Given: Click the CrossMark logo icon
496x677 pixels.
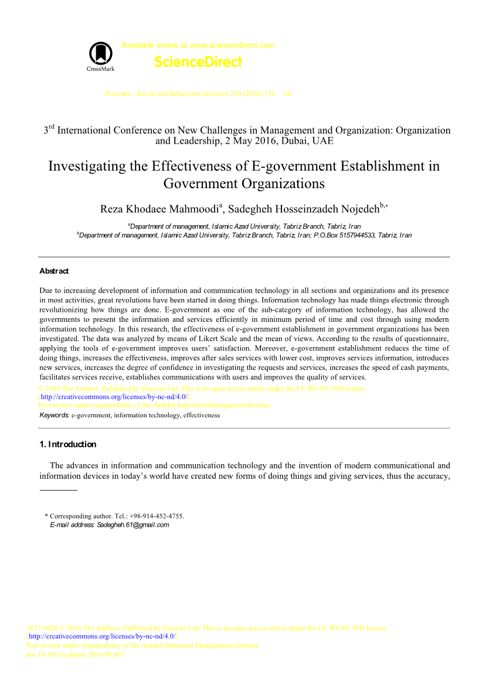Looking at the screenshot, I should tap(100, 54).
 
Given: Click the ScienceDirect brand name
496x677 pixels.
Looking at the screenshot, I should tap(198, 62).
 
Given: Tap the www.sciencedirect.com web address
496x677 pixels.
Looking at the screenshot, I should tap(233, 45).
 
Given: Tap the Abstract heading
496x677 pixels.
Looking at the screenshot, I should tap(54, 271).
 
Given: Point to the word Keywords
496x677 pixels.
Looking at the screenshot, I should tap(54, 415).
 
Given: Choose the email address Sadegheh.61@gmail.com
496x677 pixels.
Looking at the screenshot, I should tap(133, 525).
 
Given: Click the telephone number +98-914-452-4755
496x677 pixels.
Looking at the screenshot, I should tap(156, 516).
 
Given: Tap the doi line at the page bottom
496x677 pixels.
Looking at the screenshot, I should tap(76, 654).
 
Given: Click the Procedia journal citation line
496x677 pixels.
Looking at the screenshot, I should tap(199, 94).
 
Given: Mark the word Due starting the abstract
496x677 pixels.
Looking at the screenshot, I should tap(46, 290).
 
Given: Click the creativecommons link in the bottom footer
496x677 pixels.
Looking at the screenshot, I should tap(102, 637).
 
